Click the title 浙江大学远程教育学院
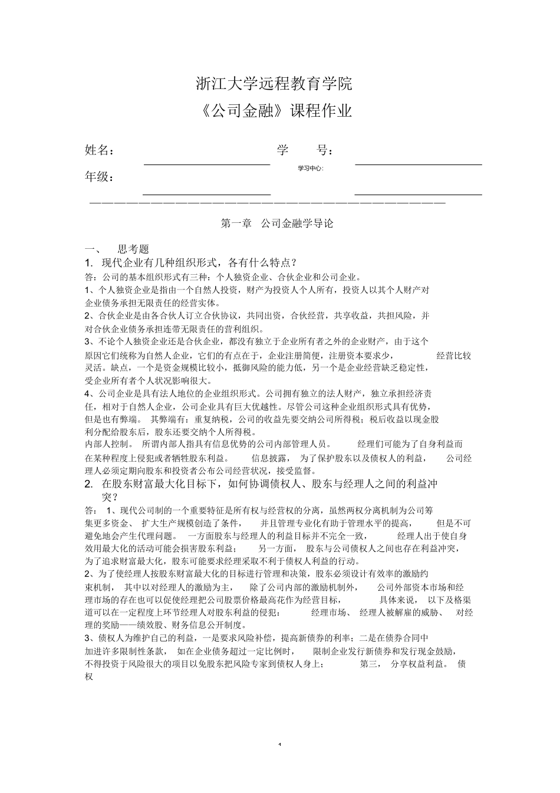click(274, 84)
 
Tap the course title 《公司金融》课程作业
click(274, 111)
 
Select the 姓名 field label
click(99, 150)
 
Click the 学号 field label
click(305, 150)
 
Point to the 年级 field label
click(99, 177)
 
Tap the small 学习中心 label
click(311, 168)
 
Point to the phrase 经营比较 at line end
click(454, 356)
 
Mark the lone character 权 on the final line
click(90, 677)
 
